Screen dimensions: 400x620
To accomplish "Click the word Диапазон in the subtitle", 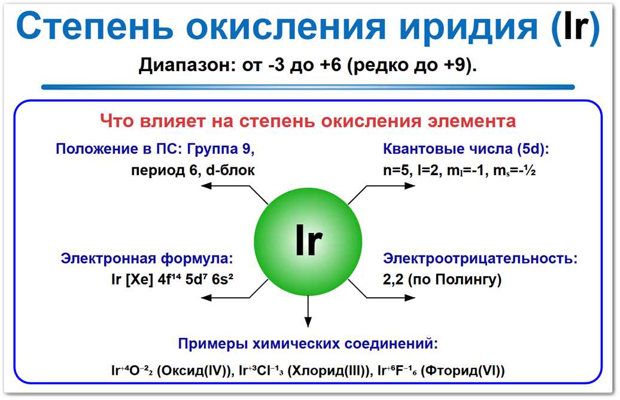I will pyautogui.click(x=180, y=65).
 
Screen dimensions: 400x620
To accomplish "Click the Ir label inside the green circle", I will pyautogui.click(x=308, y=241).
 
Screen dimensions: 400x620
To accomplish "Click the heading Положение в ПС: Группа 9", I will pyautogui.click(x=159, y=149).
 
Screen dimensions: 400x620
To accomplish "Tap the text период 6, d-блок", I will pyautogui.click(x=193, y=170).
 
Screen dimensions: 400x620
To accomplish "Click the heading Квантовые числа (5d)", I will pyautogui.click(x=466, y=149).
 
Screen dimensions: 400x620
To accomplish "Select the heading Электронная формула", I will pyautogui.click(x=146, y=259).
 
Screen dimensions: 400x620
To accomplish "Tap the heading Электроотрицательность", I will pyautogui.click(x=481, y=259).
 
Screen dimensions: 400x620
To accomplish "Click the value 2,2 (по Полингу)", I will pyautogui.click(x=442, y=279).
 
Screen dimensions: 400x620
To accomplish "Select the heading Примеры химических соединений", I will pyautogui.click(x=308, y=344).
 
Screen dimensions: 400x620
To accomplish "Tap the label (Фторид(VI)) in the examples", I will pyautogui.click(x=463, y=371).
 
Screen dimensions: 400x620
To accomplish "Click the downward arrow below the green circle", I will pyautogui.click(x=308, y=314).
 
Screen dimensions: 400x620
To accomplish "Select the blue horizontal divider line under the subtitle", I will pyautogui.click(x=308, y=87).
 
